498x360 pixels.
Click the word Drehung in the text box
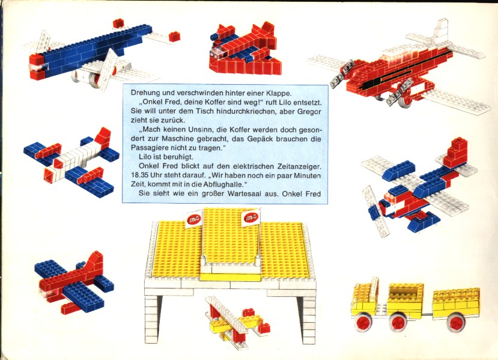coord(143,93)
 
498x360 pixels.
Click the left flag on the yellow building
coord(193,219)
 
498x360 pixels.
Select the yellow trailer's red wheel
coord(455,322)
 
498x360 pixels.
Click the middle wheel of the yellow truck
coord(399,323)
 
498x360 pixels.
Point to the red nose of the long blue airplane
coord(37,67)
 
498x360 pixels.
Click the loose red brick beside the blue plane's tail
coord(174,37)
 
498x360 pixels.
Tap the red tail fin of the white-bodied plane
coord(103,137)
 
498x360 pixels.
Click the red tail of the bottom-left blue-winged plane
coord(94,264)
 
